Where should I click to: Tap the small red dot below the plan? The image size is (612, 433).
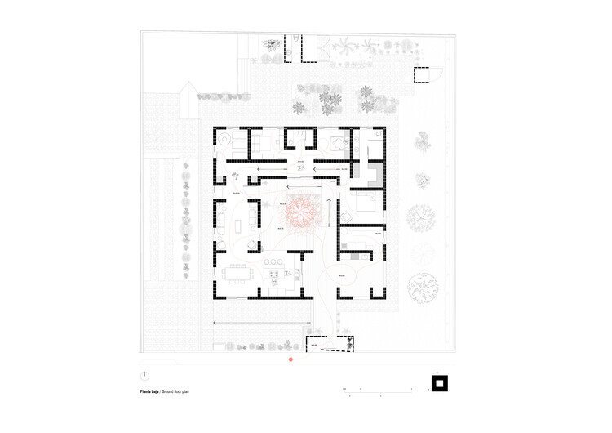(290, 359)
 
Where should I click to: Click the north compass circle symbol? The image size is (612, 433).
(144, 377)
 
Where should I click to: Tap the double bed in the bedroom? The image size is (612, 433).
(366, 203)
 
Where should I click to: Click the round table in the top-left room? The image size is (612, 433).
(223, 142)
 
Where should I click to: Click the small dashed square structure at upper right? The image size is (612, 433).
(422, 75)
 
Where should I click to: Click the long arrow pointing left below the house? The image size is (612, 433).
(261, 323)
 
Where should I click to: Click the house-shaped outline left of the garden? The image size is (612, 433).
(188, 100)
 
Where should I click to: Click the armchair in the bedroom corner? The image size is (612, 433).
(346, 216)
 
